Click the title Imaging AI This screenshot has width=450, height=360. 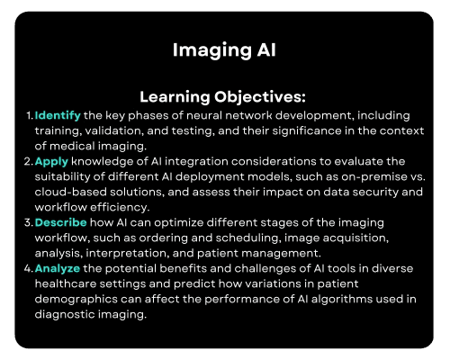point(225,51)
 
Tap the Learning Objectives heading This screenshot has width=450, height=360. point(224,96)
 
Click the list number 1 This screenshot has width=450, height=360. point(29,116)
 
